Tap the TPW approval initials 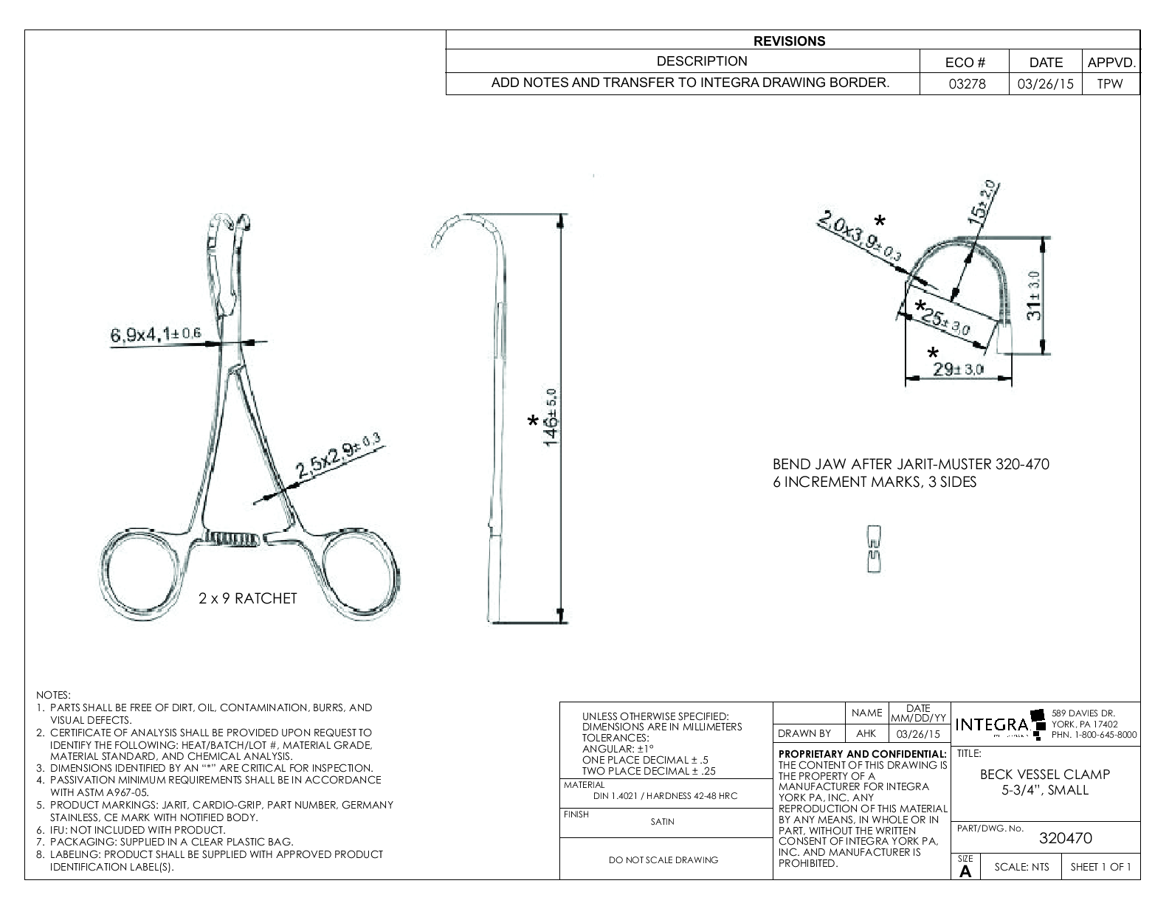pos(1109,84)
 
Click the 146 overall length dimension pos(552,418)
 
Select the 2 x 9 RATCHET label pos(248,598)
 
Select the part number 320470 pos(1065,838)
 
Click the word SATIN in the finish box pos(662,821)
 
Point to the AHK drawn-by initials pos(866,734)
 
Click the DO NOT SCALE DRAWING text pos(663,859)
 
